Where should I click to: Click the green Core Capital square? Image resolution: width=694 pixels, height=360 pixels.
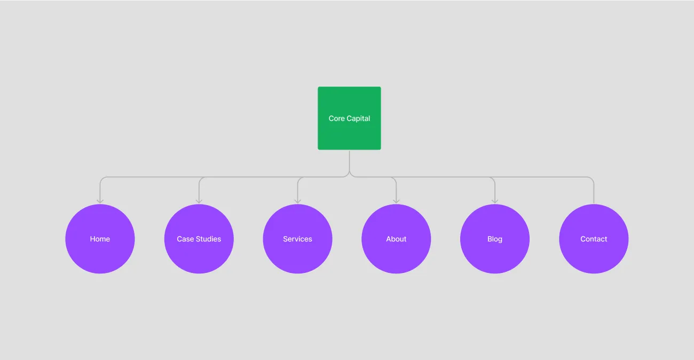349,118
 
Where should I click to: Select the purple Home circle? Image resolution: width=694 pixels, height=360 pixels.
100,239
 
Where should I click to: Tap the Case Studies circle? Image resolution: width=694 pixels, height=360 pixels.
199,239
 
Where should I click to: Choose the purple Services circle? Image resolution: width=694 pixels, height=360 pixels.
297,239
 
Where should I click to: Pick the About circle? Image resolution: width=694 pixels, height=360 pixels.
396,239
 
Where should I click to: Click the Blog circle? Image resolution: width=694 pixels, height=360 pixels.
495,239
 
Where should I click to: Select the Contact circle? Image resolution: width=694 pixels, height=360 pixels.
594,239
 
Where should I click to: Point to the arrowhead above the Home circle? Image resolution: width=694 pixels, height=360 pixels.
100,201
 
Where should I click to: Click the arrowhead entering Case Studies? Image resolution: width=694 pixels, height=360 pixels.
199,201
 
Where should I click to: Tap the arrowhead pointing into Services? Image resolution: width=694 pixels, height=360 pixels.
297,201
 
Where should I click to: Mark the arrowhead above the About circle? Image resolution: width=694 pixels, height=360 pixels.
396,201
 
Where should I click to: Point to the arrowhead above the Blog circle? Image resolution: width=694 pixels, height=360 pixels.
495,201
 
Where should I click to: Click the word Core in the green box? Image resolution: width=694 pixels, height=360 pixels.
336,119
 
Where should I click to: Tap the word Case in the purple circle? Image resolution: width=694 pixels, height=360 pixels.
185,239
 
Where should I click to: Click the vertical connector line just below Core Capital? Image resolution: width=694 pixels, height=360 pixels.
350,161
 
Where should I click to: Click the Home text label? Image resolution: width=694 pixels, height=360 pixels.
100,239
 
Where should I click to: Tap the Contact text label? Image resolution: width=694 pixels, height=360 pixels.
594,239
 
